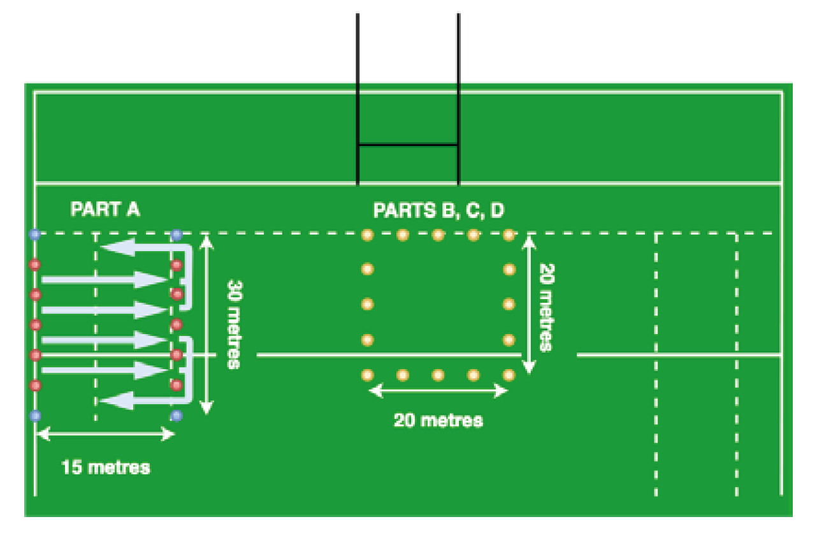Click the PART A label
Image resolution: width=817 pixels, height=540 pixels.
[105, 210]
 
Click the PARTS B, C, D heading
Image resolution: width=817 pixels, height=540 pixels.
[438, 210]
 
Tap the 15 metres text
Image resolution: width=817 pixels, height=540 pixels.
[106, 467]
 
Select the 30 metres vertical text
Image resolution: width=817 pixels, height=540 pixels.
[233, 325]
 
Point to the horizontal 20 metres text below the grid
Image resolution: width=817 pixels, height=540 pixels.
[438, 420]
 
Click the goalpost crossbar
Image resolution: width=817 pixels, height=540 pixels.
[408, 145]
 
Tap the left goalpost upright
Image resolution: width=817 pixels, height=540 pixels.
[358, 96]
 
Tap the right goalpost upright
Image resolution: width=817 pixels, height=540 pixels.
[458, 96]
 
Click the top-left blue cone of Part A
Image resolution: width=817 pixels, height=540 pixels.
[35, 234]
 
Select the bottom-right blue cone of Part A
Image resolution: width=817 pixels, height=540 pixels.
[177, 416]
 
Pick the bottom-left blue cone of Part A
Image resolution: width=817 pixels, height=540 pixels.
[35, 416]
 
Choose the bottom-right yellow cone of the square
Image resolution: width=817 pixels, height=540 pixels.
[509, 375]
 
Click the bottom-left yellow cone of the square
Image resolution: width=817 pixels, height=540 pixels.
[367, 375]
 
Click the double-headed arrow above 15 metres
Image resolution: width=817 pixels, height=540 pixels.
[106, 435]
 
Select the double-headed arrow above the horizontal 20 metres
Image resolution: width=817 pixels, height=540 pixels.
[438, 391]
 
